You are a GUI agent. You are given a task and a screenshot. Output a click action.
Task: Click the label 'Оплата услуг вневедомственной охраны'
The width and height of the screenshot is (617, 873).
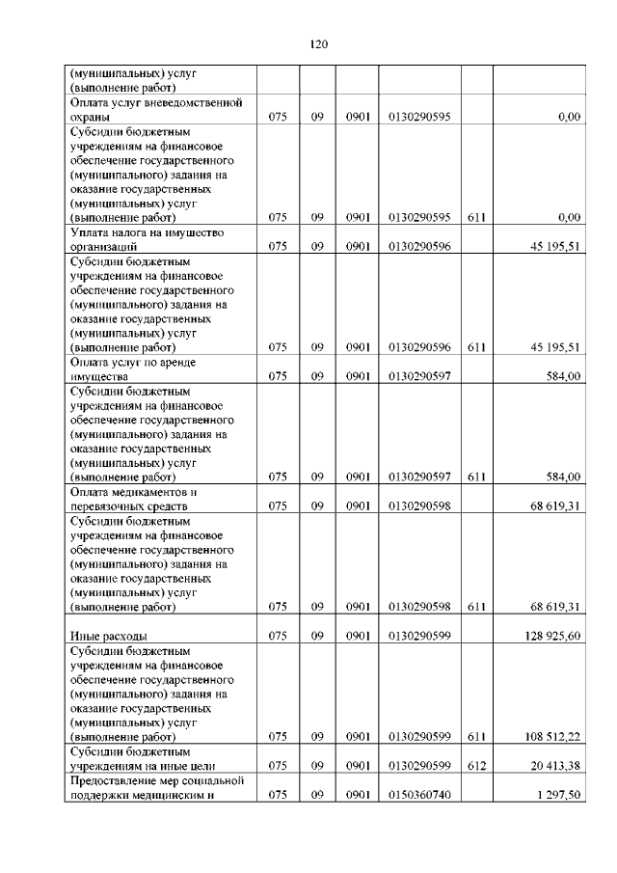pos(154,109)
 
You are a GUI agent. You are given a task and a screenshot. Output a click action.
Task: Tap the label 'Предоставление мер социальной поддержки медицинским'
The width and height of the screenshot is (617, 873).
pos(154,787)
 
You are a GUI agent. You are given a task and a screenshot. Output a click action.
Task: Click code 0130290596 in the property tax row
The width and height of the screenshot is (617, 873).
pos(419,247)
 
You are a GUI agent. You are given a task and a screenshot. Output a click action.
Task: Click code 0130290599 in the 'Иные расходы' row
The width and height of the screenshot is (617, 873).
pos(419,635)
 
